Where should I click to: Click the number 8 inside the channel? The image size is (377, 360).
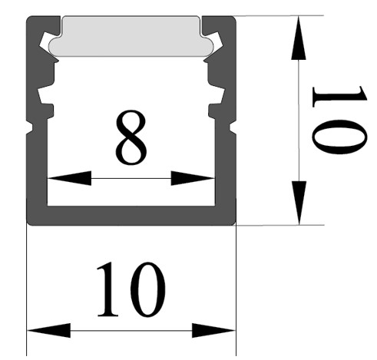tap(131, 137)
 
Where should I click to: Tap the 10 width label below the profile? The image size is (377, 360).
tap(131, 289)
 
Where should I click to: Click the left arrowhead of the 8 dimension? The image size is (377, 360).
tap(70, 178)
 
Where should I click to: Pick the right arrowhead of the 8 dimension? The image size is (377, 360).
tap(193, 178)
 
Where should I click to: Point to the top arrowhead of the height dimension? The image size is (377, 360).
tap(299, 38)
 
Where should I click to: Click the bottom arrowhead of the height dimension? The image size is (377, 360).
tap(299, 203)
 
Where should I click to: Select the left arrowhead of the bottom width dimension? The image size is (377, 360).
tap(48, 330)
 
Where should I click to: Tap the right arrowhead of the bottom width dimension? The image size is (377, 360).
tap(213, 330)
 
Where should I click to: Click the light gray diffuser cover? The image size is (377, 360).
tap(131, 36)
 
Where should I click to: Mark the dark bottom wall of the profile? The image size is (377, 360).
tap(131, 216)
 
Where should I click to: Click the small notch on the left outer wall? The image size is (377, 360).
tap(29, 127)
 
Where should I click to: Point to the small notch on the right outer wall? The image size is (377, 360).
tap(233, 127)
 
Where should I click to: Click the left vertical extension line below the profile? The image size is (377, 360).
tap(27, 290)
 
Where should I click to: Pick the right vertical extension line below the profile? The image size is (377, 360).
tap(236, 290)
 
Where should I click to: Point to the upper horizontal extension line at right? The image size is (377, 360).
tap(279, 15)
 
